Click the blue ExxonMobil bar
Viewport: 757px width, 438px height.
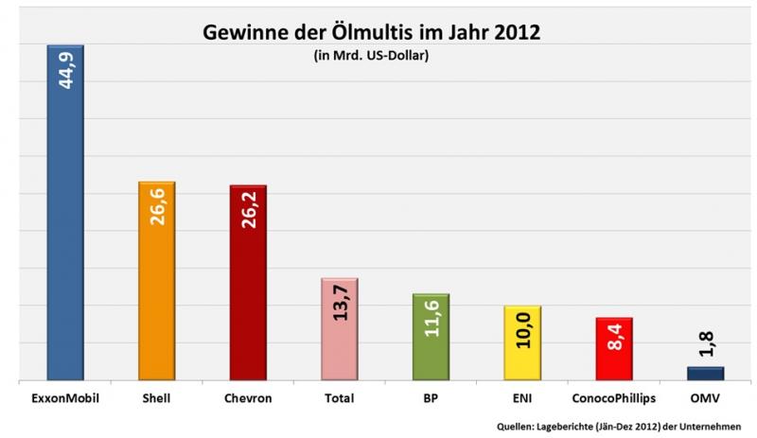pyautogui.click(x=65, y=237)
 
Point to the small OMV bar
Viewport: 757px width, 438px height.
pyautogui.click(x=706, y=374)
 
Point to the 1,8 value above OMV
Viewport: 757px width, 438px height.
pyautogui.click(x=706, y=345)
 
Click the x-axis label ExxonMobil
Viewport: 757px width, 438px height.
pyautogui.click(x=65, y=399)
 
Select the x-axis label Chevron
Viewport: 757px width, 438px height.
pyautogui.click(x=248, y=399)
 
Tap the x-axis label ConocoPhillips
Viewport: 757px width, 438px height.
pyautogui.click(x=614, y=399)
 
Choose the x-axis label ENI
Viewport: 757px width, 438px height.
pyautogui.click(x=523, y=399)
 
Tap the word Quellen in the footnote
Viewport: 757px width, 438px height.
pyautogui.click(x=516, y=425)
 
